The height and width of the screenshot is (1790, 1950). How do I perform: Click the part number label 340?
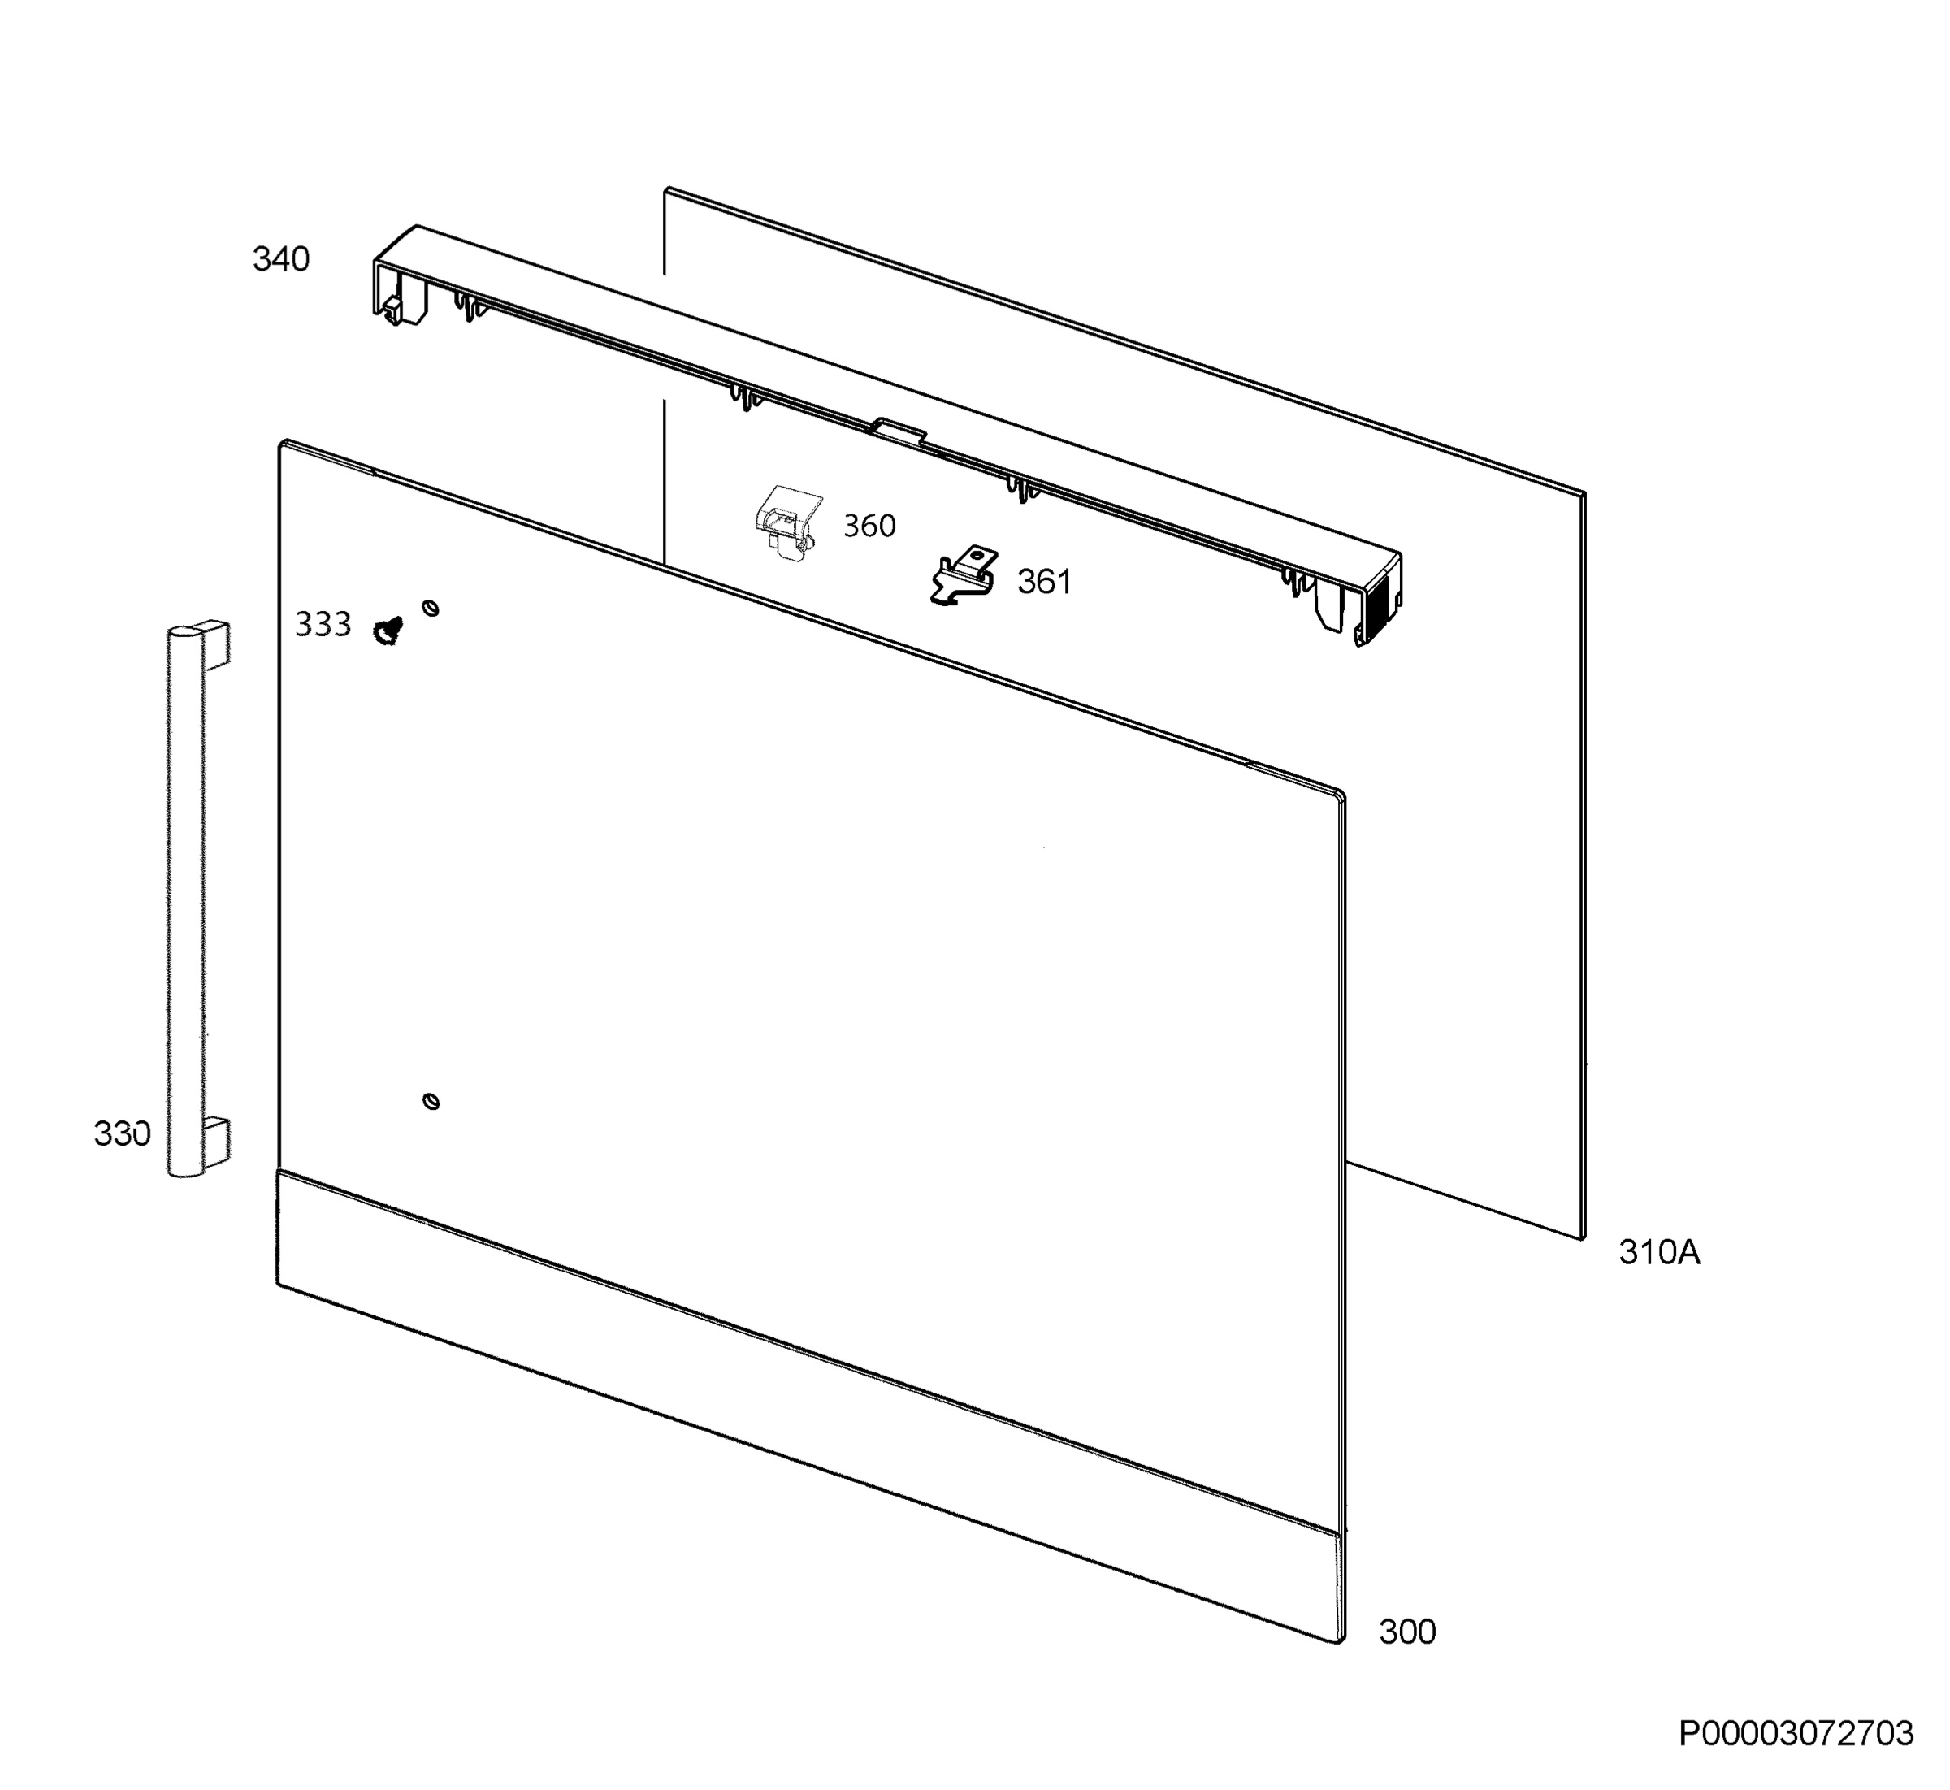click(x=281, y=259)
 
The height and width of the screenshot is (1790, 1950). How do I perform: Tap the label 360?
click(x=869, y=526)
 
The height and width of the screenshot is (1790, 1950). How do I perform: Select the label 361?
click(x=1044, y=582)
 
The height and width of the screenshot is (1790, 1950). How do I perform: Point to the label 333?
click(x=323, y=625)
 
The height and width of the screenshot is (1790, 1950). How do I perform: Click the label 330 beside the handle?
click(x=122, y=1133)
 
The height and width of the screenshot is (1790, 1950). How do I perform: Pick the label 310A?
click(x=1659, y=1252)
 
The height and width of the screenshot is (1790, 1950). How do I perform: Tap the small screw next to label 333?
click(x=388, y=631)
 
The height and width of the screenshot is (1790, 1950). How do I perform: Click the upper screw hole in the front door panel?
click(x=431, y=609)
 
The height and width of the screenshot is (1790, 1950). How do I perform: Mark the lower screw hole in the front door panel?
click(x=431, y=1101)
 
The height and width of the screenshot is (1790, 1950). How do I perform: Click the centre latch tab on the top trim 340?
click(x=898, y=432)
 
